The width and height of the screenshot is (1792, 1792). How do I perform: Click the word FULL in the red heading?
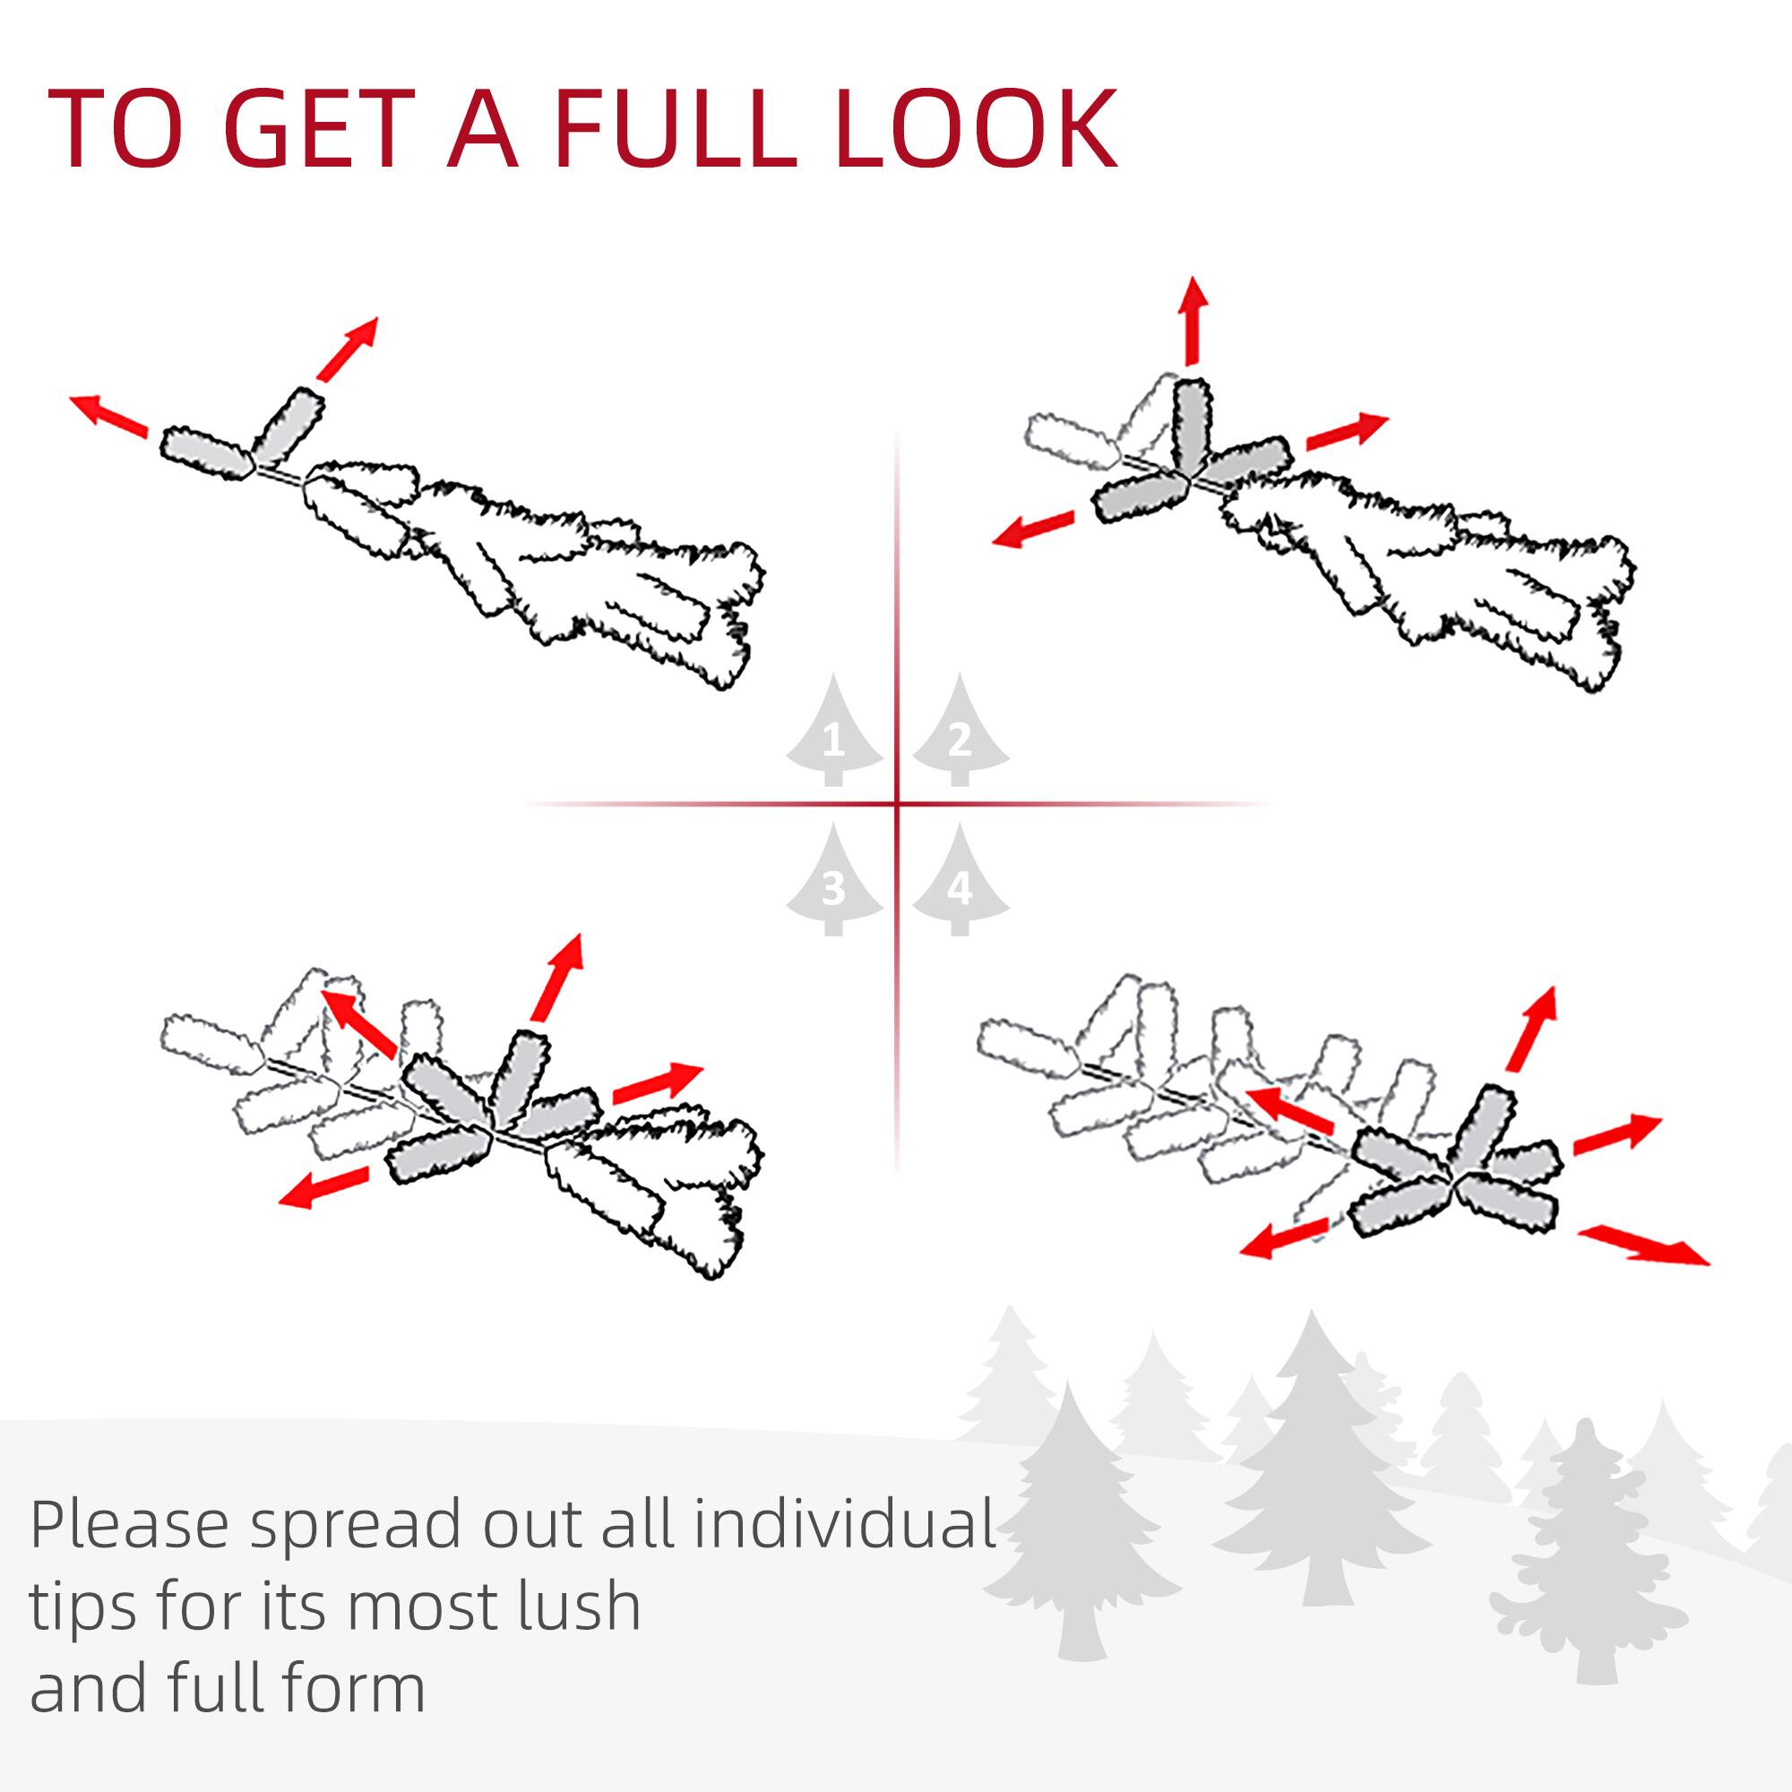[x=675, y=130]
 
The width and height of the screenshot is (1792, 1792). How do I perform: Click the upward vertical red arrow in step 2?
[x=1193, y=320]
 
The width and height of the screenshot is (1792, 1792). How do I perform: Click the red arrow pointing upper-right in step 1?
[x=348, y=348]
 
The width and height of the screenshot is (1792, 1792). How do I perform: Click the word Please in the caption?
[x=129, y=1525]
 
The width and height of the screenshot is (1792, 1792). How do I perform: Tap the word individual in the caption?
[x=844, y=1523]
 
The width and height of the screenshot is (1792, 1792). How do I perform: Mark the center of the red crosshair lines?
[x=897, y=803]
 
